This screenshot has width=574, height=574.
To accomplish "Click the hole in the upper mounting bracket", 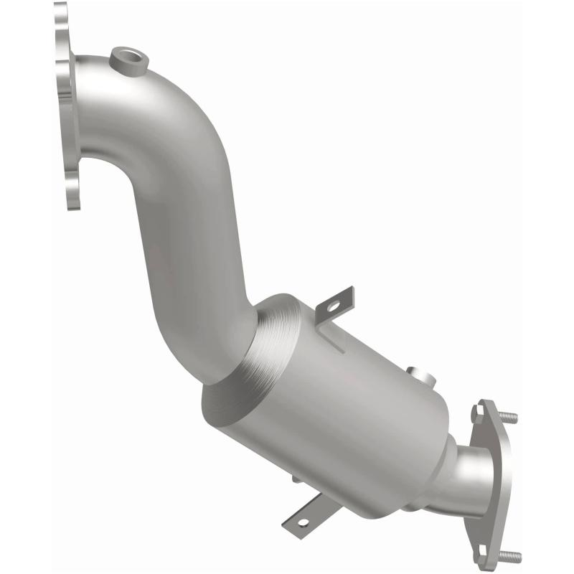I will click(x=332, y=306).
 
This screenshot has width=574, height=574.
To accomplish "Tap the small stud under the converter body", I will click(x=296, y=478).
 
